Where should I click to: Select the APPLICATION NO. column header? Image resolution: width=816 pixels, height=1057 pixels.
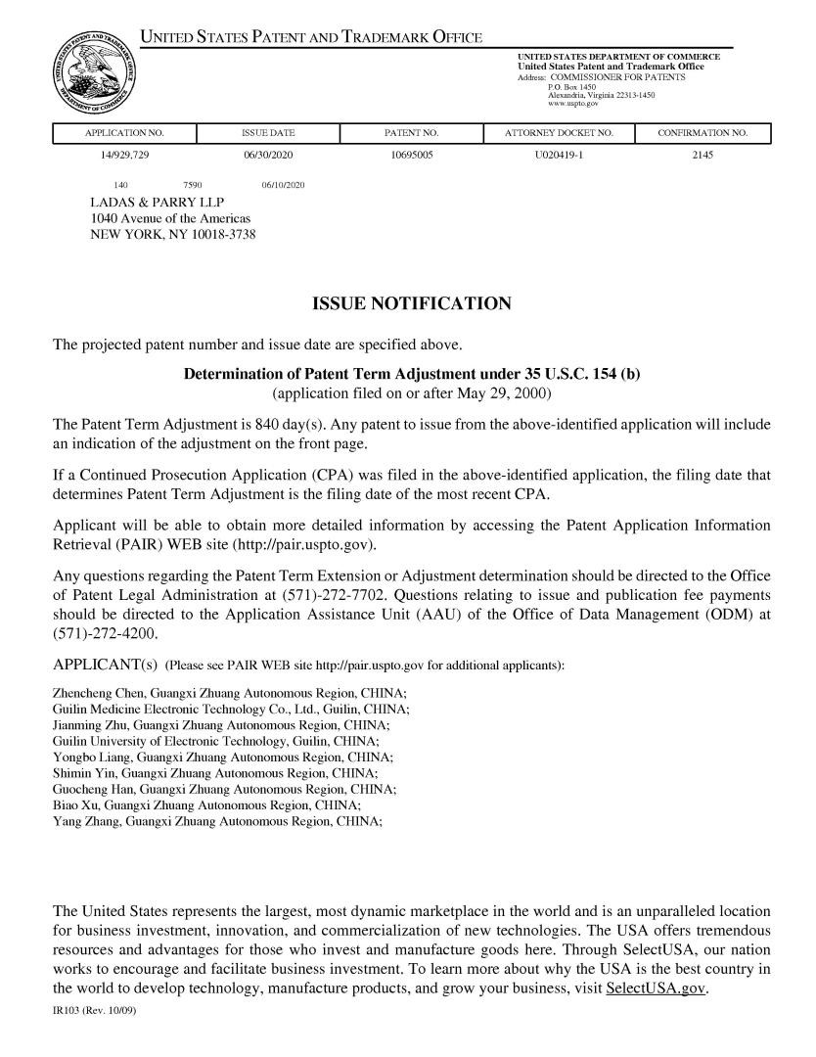point(124,133)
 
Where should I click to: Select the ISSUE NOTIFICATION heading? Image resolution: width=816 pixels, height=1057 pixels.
point(411,304)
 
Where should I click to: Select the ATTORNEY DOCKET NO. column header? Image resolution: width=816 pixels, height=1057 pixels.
point(559,133)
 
